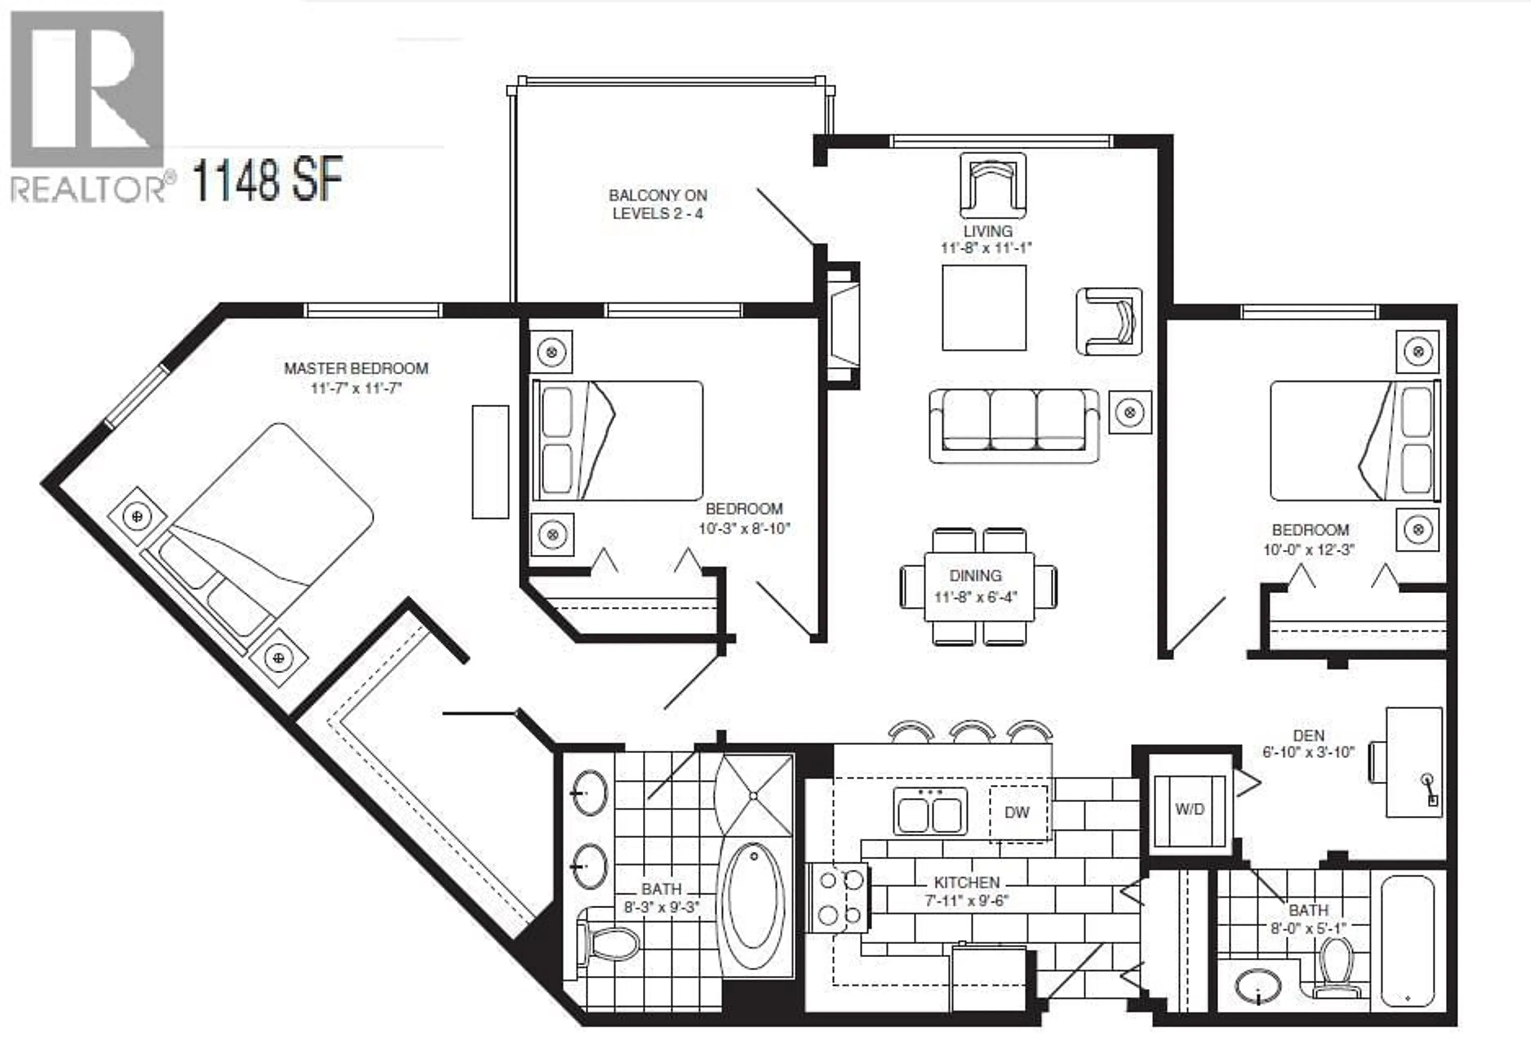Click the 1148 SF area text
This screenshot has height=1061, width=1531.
pyautogui.click(x=267, y=179)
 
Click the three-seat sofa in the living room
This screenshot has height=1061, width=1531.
pyautogui.click(x=1014, y=425)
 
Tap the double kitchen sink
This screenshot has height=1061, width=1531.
pyautogui.click(x=930, y=812)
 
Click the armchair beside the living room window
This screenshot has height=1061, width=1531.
pyautogui.click(x=992, y=187)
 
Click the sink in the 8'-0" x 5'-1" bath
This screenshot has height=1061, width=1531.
pyautogui.click(x=1258, y=985)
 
